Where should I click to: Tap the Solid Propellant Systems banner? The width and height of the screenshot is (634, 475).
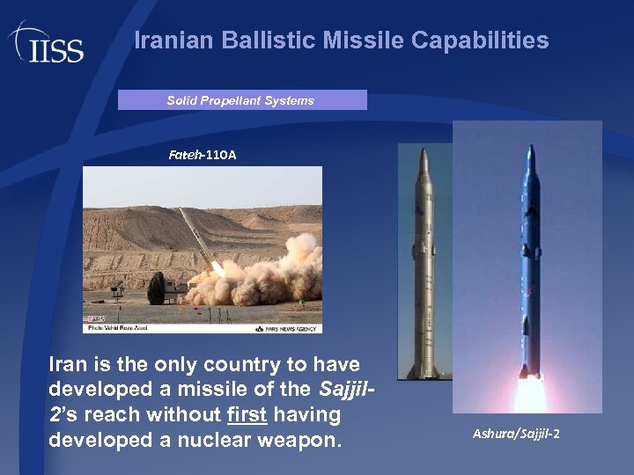coord(241,100)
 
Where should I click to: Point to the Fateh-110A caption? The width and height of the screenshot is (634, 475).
coord(203,155)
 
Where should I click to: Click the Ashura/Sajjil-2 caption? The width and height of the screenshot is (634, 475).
coord(516,433)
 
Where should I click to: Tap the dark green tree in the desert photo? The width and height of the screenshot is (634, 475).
coord(156,288)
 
